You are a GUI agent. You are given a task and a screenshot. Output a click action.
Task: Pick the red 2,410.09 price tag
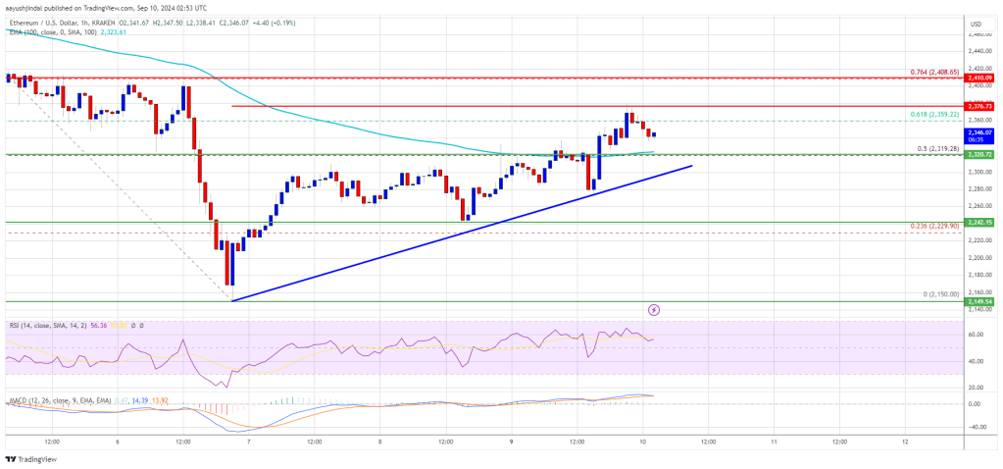click(979, 77)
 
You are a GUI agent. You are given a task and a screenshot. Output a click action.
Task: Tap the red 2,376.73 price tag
click(979, 105)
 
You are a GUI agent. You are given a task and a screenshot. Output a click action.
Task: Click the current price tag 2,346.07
click(979, 131)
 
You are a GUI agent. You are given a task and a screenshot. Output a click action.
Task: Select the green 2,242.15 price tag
click(979, 222)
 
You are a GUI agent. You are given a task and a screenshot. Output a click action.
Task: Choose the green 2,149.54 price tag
click(979, 302)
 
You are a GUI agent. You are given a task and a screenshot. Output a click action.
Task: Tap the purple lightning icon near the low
click(654, 309)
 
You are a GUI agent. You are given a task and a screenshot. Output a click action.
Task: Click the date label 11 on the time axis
click(775, 442)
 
